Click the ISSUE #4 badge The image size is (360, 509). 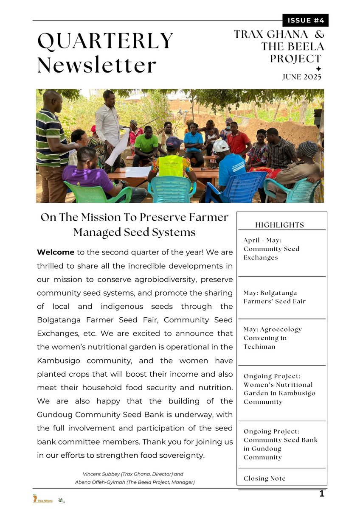(305, 20)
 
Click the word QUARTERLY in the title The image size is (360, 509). (105, 41)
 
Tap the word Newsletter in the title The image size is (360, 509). (97, 65)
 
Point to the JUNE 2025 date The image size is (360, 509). (302, 77)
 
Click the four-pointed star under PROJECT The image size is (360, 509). (318, 69)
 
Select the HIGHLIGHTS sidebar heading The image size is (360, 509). (279, 225)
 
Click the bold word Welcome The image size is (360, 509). (56, 252)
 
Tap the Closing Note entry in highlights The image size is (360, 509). (264, 478)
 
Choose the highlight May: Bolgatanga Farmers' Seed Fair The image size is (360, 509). (274, 297)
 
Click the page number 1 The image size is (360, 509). (322, 494)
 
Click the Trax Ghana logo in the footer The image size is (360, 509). (43, 499)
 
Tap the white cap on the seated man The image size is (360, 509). (220, 145)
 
